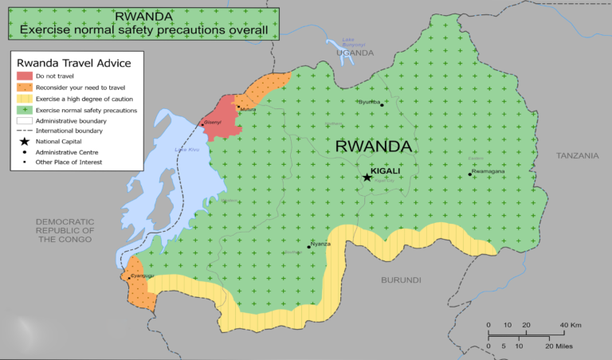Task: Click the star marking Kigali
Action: [367, 177]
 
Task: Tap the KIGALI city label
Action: [386, 170]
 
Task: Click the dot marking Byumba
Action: [382, 104]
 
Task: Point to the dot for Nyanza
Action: [309, 247]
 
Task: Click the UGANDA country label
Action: [355, 53]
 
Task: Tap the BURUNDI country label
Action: [401, 280]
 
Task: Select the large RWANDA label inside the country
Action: [374, 147]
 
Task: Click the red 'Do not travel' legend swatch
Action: [25, 76]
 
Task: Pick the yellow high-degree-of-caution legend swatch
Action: [25, 98]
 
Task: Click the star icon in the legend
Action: [25, 141]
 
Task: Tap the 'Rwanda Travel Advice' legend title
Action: [74, 62]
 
